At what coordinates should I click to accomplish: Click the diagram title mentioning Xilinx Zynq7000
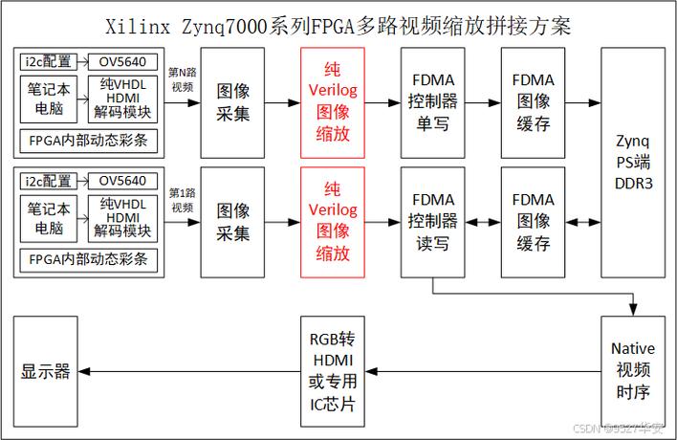338,22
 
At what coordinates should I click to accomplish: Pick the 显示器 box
46,371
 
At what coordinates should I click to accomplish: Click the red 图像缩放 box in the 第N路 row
332,100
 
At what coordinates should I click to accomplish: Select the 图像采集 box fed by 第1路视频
232,221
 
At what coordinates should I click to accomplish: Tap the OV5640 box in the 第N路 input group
122,61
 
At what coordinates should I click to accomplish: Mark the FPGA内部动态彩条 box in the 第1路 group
87,260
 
